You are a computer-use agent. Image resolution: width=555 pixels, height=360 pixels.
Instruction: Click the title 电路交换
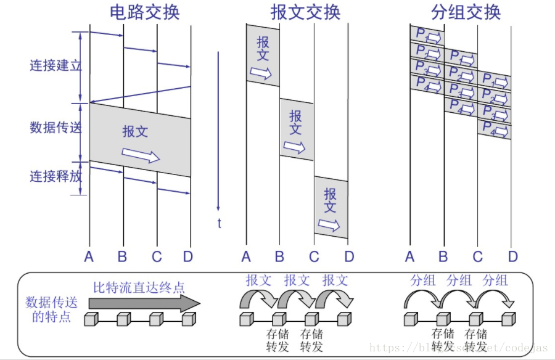click(144, 12)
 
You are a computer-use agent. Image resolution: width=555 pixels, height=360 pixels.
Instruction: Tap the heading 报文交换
click(305, 12)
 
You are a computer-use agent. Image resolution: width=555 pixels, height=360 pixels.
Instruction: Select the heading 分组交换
click(466, 12)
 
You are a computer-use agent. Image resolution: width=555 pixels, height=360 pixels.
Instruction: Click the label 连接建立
click(55, 66)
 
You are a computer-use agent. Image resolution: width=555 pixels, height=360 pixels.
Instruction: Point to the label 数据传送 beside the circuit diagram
click(55, 128)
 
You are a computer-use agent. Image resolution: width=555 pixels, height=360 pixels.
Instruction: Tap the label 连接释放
click(55, 176)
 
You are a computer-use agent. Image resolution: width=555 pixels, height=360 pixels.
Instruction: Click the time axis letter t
click(219, 224)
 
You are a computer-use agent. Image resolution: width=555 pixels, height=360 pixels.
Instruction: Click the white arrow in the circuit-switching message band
click(140, 153)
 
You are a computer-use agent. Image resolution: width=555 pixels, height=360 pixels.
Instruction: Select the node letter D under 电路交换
click(188, 256)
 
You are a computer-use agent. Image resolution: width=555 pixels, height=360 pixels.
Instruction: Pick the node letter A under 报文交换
click(247, 256)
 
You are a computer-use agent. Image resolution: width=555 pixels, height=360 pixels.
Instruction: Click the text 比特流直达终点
click(139, 287)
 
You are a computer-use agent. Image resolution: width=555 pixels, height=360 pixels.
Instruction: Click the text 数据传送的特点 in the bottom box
click(48, 310)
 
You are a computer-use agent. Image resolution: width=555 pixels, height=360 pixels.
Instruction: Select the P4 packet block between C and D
click(495, 129)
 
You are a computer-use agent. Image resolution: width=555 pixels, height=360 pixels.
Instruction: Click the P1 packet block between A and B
click(427, 35)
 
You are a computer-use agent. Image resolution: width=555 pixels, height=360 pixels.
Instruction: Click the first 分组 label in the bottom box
click(422, 280)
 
